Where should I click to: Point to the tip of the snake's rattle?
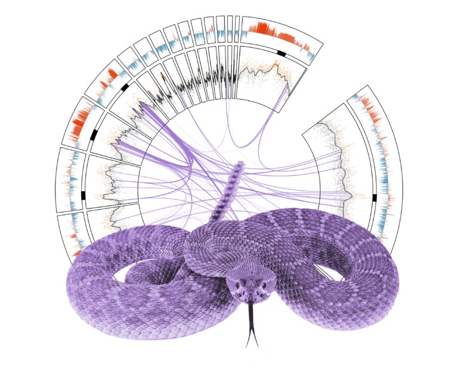[240, 164]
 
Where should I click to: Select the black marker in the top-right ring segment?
[281, 53]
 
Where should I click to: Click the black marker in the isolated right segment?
[375, 197]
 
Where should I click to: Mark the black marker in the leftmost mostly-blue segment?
[83, 195]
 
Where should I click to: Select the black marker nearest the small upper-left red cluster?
[125, 87]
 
